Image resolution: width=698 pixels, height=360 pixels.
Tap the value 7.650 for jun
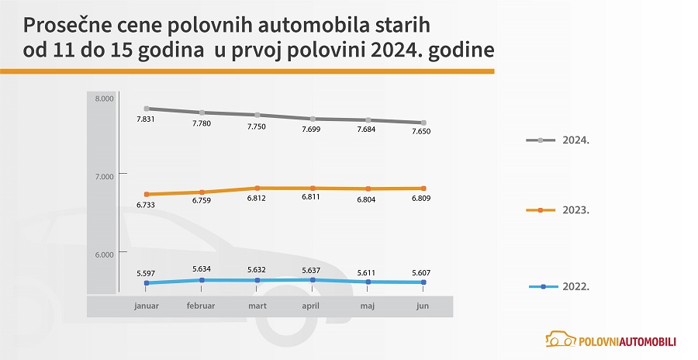coord(421,132)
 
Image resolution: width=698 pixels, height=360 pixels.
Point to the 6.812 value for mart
coord(257,198)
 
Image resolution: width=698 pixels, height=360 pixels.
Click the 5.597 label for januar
coord(146,273)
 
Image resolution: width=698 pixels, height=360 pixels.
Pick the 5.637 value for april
coord(311,270)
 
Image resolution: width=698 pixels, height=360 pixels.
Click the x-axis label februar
coord(201,306)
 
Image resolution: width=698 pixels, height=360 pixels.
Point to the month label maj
coord(368,306)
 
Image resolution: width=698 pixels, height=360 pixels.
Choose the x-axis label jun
coord(423,306)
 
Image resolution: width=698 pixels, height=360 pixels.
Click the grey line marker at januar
coord(146,109)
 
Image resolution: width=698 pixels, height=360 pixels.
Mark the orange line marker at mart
coord(257,188)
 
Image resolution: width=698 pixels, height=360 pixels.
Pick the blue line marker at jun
coord(423,282)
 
